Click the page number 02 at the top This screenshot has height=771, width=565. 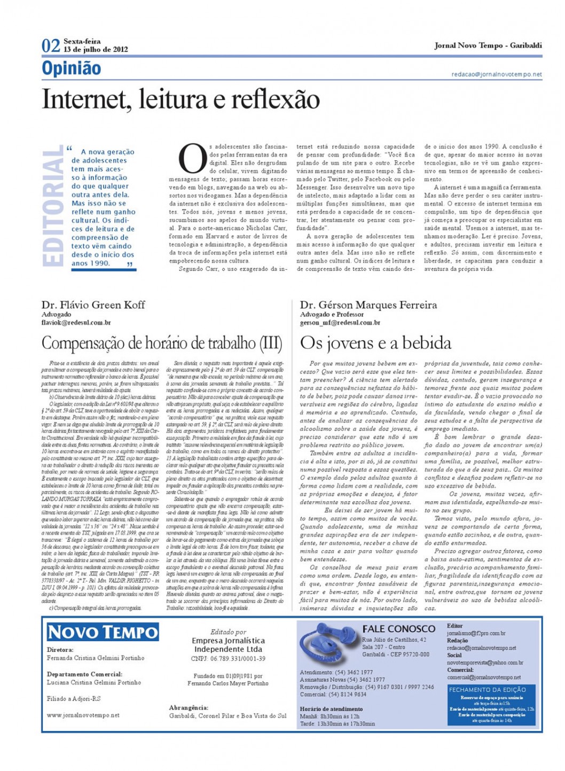51,46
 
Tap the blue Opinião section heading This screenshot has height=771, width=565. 72,68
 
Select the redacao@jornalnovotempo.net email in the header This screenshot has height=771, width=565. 497,74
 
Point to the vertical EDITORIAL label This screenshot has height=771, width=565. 53,207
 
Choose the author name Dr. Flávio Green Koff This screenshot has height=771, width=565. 93,305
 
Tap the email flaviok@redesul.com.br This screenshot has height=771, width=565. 76,323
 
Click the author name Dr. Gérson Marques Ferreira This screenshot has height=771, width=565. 368,305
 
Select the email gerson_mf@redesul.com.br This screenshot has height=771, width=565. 340,323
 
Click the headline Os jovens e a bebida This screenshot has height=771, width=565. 375,342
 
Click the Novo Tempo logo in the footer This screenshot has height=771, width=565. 103,633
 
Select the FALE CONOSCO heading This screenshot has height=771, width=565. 398,629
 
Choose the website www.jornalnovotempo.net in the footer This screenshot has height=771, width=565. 83,715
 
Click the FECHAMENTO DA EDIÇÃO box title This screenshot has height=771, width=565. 488,690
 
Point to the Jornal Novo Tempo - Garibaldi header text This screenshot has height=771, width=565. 488,46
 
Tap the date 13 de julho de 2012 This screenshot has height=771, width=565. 96,50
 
